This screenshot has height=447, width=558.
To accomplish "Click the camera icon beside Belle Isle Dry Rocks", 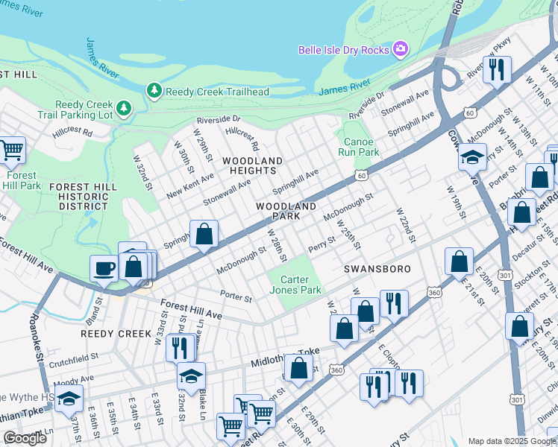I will pos(401,49).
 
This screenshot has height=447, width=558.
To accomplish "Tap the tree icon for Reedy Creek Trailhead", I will pos(154,91).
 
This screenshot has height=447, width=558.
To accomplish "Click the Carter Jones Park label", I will pos(295,285).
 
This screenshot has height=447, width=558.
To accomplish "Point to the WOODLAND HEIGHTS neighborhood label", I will pos(251,165).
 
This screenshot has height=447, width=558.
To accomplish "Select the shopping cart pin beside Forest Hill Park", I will pos(11,150).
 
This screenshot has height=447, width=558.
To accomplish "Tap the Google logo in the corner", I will pos(25,438).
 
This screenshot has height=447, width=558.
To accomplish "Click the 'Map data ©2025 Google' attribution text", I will pos(512,441).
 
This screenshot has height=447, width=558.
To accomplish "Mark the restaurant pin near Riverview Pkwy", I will pos(496,71).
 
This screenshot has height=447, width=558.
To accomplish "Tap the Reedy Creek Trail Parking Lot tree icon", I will pos(124,110).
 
